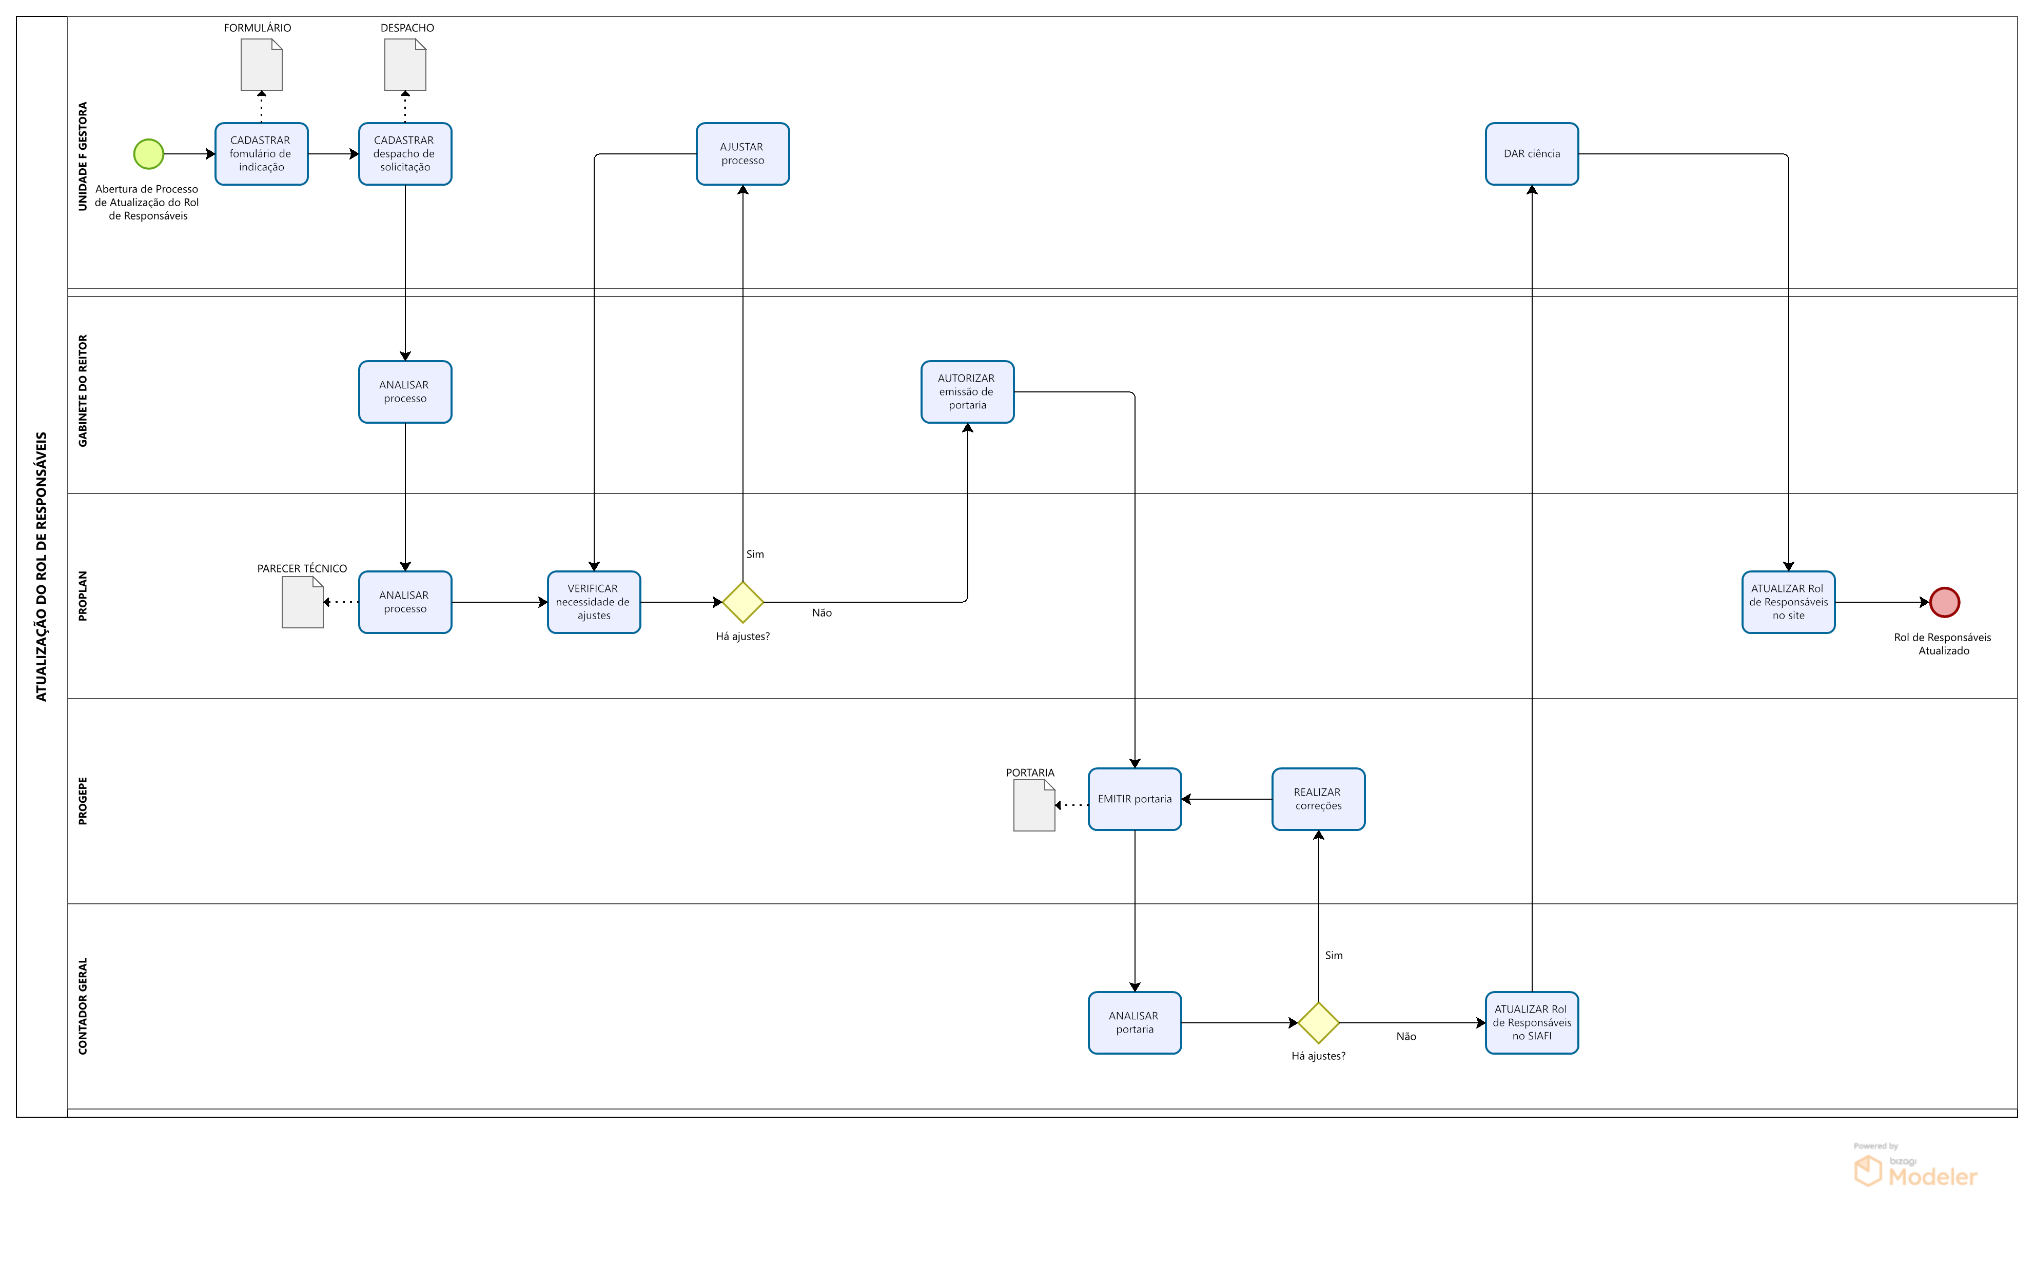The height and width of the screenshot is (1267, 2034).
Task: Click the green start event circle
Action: coord(148,154)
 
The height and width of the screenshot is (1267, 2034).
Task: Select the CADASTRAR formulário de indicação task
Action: coord(262,154)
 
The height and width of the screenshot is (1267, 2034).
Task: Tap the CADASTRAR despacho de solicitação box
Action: coord(405,154)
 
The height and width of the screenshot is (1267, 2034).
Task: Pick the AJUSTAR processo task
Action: coord(742,154)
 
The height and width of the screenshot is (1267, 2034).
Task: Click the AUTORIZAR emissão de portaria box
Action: coord(967,392)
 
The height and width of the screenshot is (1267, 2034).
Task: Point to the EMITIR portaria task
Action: coord(1134,799)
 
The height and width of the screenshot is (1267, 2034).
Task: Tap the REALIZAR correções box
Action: coord(1318,799)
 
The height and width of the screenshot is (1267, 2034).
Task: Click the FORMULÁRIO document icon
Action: coord(262,65)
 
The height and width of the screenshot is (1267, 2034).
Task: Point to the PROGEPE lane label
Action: coord(82,801)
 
